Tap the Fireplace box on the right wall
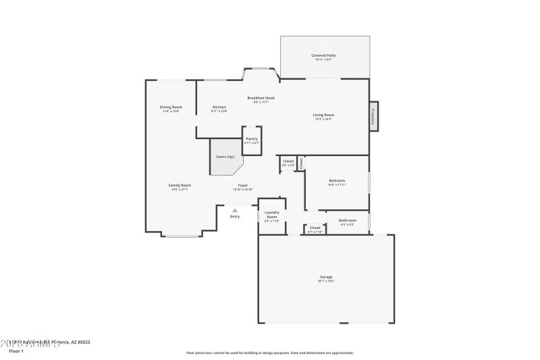point(373,116)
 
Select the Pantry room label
point(251,138)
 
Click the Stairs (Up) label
point(225,157)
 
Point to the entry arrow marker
point(235,210)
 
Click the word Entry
point(235,216)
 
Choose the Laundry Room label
point(272,214)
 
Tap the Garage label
point(326,277)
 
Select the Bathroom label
point(348,220)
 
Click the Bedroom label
point(337,180)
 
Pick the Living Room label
point(323,115)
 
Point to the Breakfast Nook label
point(261,98)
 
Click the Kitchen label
point(219,107)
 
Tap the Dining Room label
point(171,107)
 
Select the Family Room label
point(180,185)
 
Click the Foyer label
point(242,185)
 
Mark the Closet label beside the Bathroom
point(315,228)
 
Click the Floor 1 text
point(16,351)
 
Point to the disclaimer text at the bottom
point(269,353)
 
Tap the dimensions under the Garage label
point(326,281)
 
